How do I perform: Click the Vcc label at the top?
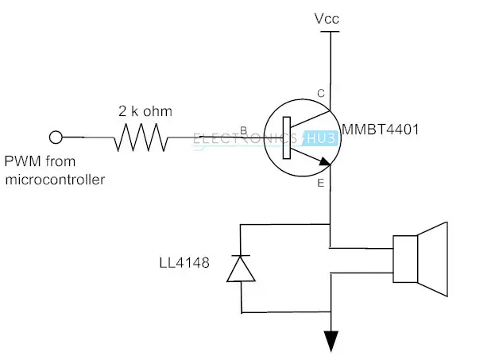click(x=327, y=19)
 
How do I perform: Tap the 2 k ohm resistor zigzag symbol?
click(x=141, y=137)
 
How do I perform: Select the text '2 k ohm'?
click(x=145, y=111)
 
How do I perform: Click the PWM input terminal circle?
click(x=56, y=137)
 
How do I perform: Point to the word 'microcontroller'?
click(x=55, y=180)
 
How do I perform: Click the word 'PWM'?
click(x=23, y=161)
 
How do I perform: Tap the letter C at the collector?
click(x=321, y=93)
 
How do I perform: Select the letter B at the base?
click(x=243, y=130)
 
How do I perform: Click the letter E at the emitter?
click(x=321, y=183)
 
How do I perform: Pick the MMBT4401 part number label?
click(x=380, y=130)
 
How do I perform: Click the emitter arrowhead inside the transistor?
click(x=324, y=161)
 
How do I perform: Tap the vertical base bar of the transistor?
click(x=287, y=137)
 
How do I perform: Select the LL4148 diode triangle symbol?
click(x=241, y=269)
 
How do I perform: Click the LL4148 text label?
click(x=184, y=262)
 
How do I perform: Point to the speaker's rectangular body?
click(x=405, y=259)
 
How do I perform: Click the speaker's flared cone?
click(x=432, y=259)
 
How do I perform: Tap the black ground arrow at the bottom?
click(x=331, y=342)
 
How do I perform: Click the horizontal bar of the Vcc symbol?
click(x=330, y=31)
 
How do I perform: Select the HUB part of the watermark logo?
click(x=321, y=138)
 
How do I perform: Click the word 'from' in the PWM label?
click(x=60, y=161)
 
